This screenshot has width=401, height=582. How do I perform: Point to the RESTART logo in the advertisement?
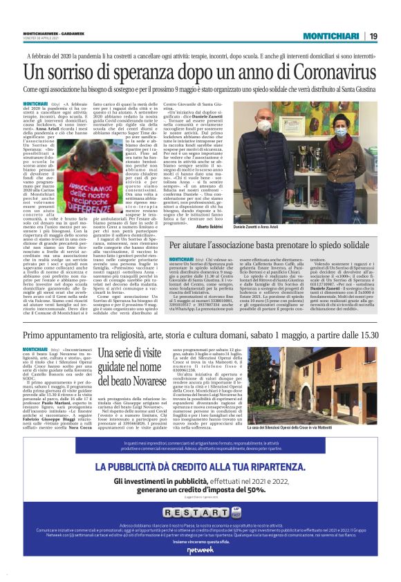coord(200,514)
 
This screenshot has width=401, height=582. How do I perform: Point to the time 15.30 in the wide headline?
coord(368,335)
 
